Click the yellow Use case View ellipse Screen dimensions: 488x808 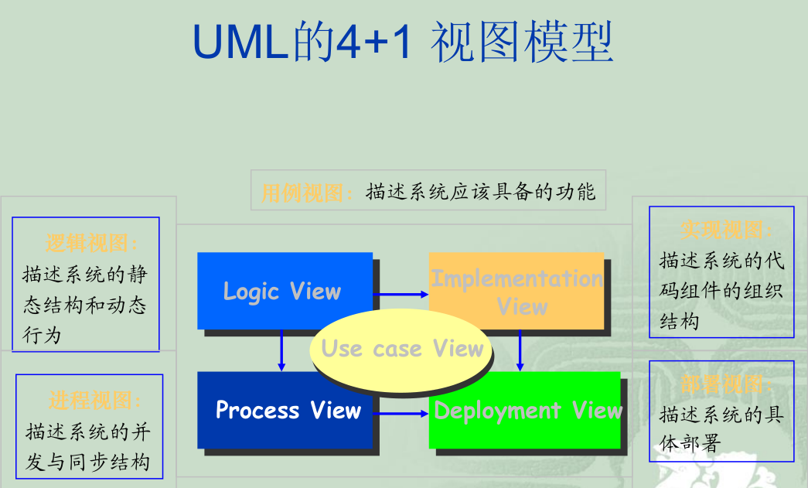pos(402,349)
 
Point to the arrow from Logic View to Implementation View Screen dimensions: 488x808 pos(401,295)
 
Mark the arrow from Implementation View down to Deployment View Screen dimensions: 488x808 pos(520,350)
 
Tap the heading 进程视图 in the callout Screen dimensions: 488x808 pos(90,401)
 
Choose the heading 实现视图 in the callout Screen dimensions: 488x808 pos(721,230)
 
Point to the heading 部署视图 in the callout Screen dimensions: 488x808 pos(721,384)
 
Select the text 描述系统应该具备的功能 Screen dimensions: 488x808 pos(481,192)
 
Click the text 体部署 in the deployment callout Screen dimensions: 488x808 pos(689,443)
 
